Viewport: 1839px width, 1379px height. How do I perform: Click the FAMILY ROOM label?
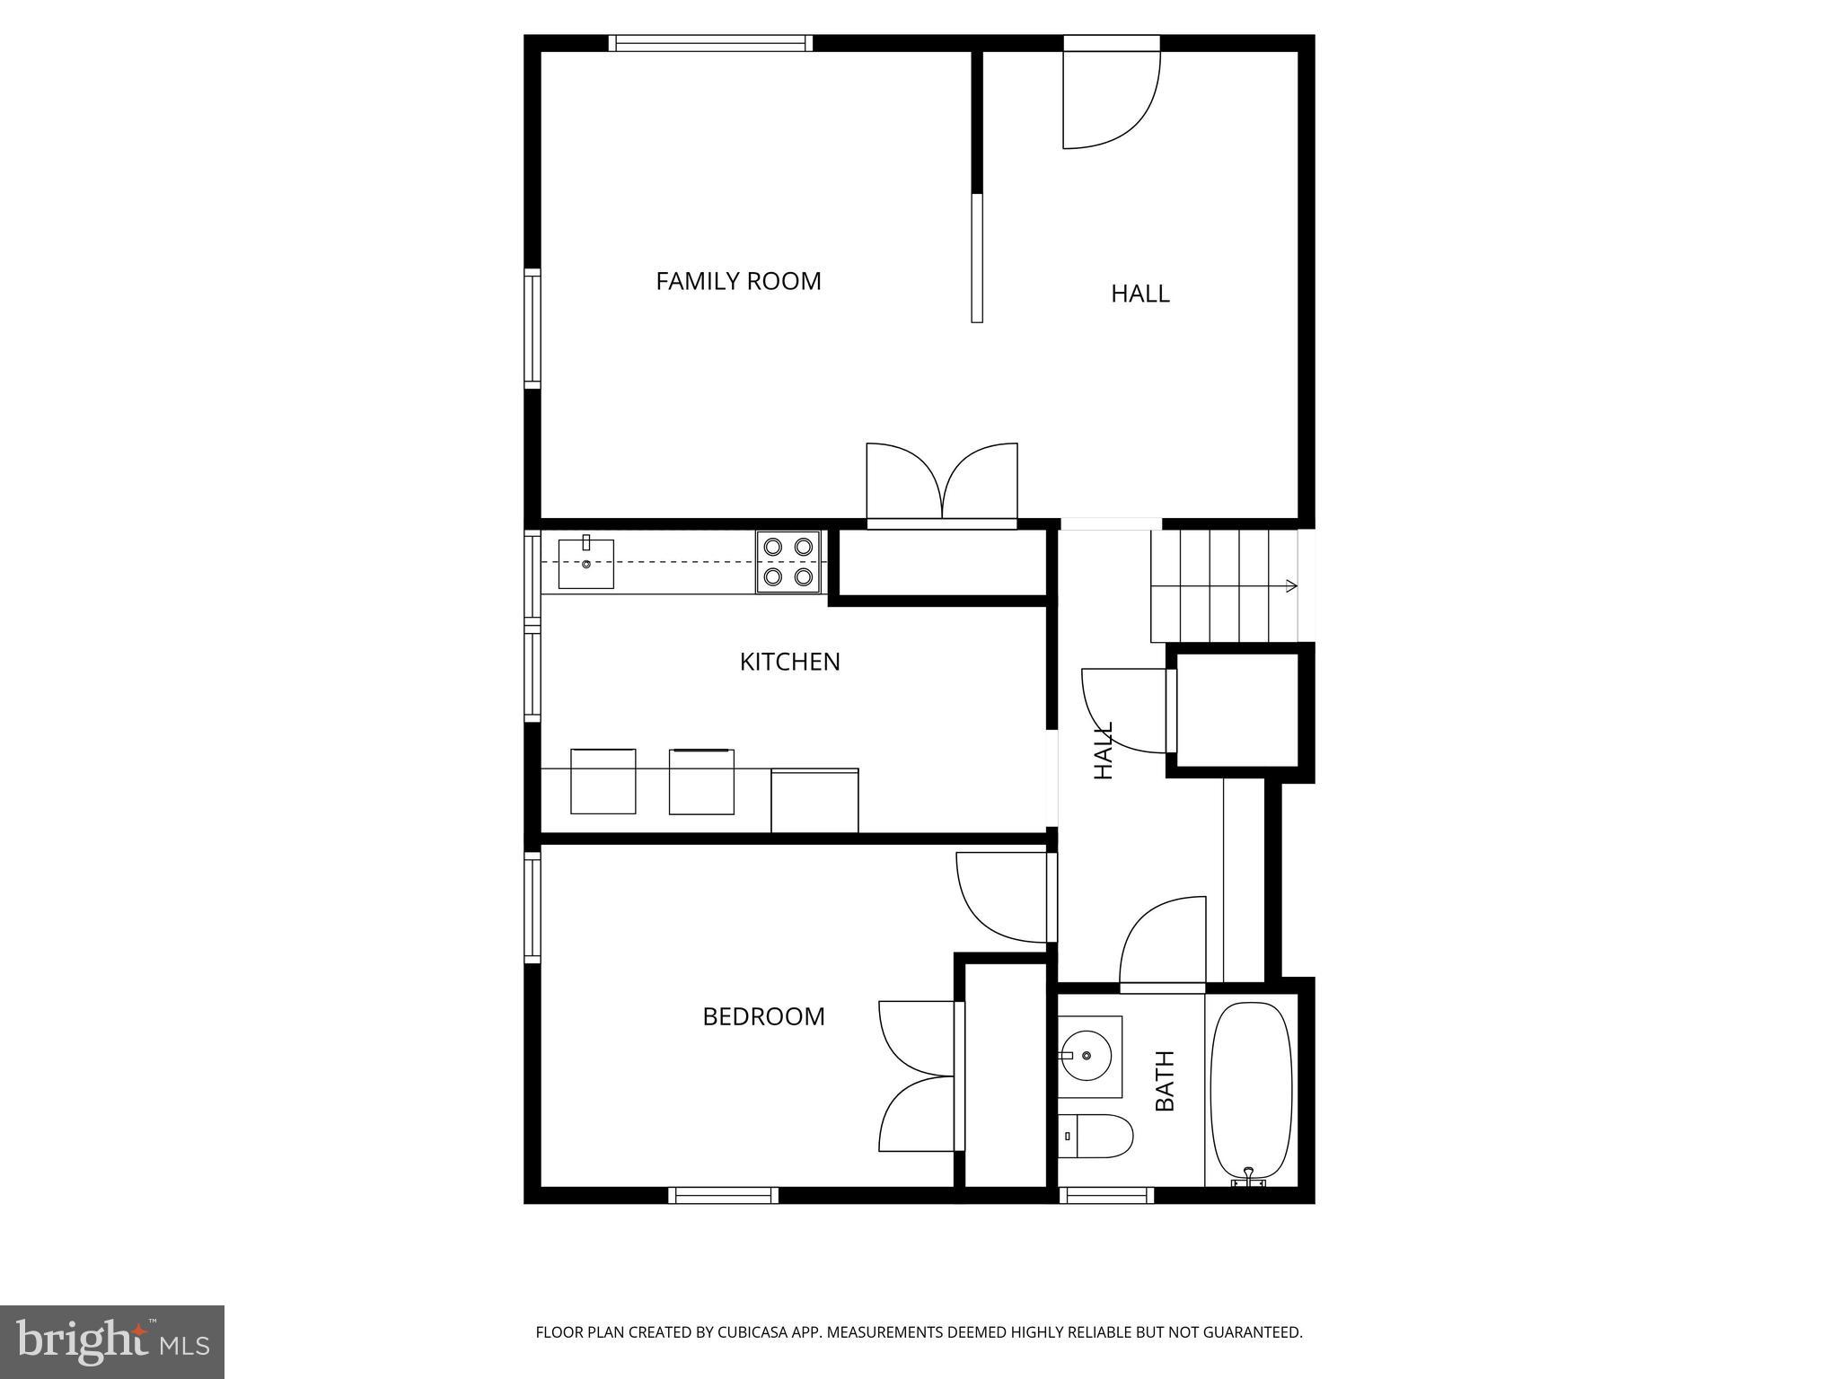pos(738,281)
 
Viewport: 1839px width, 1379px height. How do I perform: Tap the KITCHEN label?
pos(789,662)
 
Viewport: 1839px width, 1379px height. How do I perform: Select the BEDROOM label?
pos(763,1016)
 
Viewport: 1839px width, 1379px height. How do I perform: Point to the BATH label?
pos(1165,1081)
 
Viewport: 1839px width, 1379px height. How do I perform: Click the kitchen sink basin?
pos(585,564)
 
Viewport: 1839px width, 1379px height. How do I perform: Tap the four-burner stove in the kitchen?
pos(788,561)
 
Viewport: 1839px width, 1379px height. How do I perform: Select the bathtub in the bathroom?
pos(1251,1090)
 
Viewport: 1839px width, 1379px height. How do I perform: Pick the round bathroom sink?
pos(1087,1056)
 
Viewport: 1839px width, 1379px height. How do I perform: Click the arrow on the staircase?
pos(1289,586)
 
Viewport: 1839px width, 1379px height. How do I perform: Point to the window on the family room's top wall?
pos(710,43)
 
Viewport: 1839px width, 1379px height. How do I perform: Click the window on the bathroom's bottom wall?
pos(1106,1195)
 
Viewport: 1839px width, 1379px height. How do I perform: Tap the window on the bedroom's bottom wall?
pos(723,1195)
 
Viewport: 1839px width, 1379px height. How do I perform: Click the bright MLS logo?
pos(112,1341)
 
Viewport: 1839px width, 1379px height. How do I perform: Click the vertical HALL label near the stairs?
pos(1104,750)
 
